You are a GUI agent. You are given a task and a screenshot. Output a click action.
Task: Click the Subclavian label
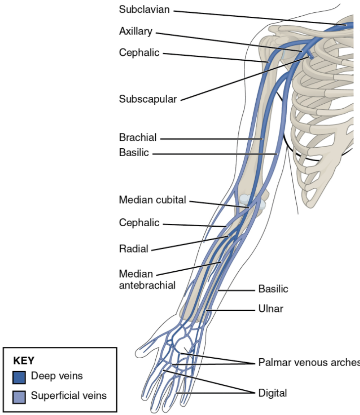point(143,9)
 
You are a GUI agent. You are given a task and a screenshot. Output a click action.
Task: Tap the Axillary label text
point(135,32)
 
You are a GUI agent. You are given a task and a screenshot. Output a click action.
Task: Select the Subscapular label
point(147,99)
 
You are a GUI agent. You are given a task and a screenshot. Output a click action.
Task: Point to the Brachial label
point(137,137)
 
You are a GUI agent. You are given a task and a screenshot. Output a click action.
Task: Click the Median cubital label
point(152,200)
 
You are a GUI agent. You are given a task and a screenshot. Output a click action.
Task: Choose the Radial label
point(133,249)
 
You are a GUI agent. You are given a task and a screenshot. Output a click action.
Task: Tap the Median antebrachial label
point(147,280)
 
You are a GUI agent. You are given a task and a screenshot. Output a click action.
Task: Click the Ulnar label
point(270,309)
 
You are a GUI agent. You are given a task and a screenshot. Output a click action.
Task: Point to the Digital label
point(272,393)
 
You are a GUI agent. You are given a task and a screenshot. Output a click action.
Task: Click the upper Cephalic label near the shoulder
point(139,52)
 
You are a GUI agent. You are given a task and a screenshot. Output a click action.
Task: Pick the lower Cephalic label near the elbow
point(139,223)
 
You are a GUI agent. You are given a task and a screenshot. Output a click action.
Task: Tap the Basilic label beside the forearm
point(273,289)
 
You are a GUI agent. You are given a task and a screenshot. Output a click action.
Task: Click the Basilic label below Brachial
point(134,153)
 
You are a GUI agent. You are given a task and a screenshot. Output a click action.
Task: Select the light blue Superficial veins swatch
point(19,396)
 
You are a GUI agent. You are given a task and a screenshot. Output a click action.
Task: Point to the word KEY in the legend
point(24,361)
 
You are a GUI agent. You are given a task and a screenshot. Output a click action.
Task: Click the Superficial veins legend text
point(68,396)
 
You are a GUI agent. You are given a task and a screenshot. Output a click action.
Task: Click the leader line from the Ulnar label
point(232,310)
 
